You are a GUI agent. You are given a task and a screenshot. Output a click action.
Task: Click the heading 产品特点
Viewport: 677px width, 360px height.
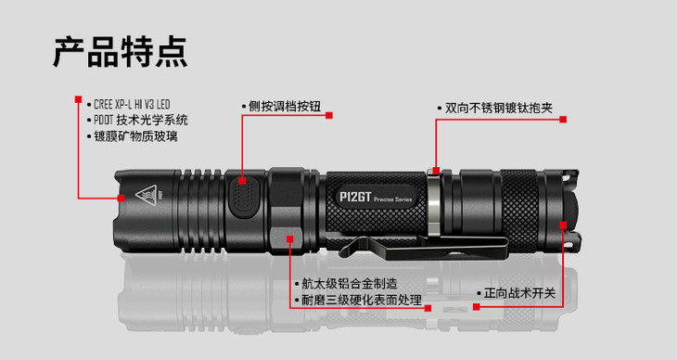point(121,52)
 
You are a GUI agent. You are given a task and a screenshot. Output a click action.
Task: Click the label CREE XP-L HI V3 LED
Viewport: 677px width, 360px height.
point(132,105)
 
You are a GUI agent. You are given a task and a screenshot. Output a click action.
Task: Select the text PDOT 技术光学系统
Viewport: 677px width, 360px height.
point(141,120)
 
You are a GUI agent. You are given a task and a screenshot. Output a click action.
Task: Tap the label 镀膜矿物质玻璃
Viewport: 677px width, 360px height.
point(135,136)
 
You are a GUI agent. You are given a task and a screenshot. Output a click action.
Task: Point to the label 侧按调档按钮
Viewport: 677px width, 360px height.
point(285,107)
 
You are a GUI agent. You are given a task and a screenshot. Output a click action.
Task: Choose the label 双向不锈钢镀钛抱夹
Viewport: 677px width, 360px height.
point(499,108)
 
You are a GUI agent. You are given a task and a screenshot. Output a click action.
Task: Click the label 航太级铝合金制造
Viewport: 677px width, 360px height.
point(350,284)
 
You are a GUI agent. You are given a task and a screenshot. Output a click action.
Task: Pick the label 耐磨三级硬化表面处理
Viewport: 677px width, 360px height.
point(362,300)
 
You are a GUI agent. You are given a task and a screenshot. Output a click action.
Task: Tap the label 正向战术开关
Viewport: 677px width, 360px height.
point(519,293)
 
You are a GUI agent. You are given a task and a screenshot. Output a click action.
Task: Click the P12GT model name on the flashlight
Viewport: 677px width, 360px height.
point(355,197)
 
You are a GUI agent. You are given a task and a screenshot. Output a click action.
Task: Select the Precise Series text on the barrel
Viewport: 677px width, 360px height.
point(393,199)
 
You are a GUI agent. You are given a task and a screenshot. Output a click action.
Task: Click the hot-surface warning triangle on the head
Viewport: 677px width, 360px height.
point(146,196)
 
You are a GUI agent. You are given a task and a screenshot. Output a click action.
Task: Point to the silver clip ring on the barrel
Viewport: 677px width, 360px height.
point(433,203)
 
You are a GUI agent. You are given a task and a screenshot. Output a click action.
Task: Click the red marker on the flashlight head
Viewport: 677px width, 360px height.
point(121,198)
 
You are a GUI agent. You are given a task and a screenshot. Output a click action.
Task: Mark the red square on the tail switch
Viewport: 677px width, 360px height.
point(563,225)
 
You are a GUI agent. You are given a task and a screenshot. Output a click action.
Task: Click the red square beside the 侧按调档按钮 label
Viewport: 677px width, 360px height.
point(329,115)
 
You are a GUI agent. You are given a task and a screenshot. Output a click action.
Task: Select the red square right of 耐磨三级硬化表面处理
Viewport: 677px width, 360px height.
point(428,308)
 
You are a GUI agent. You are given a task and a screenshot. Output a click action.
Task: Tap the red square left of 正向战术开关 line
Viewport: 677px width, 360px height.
point(477,307)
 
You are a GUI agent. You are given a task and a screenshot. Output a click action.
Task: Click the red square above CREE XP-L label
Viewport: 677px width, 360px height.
point(78,99)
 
